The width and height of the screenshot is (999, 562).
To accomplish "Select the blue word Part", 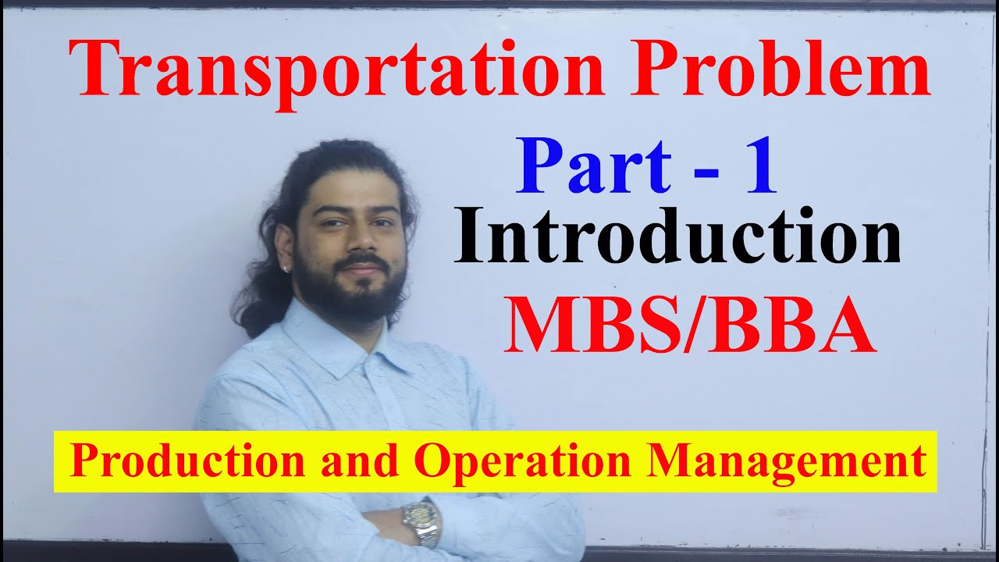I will (593, 169).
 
